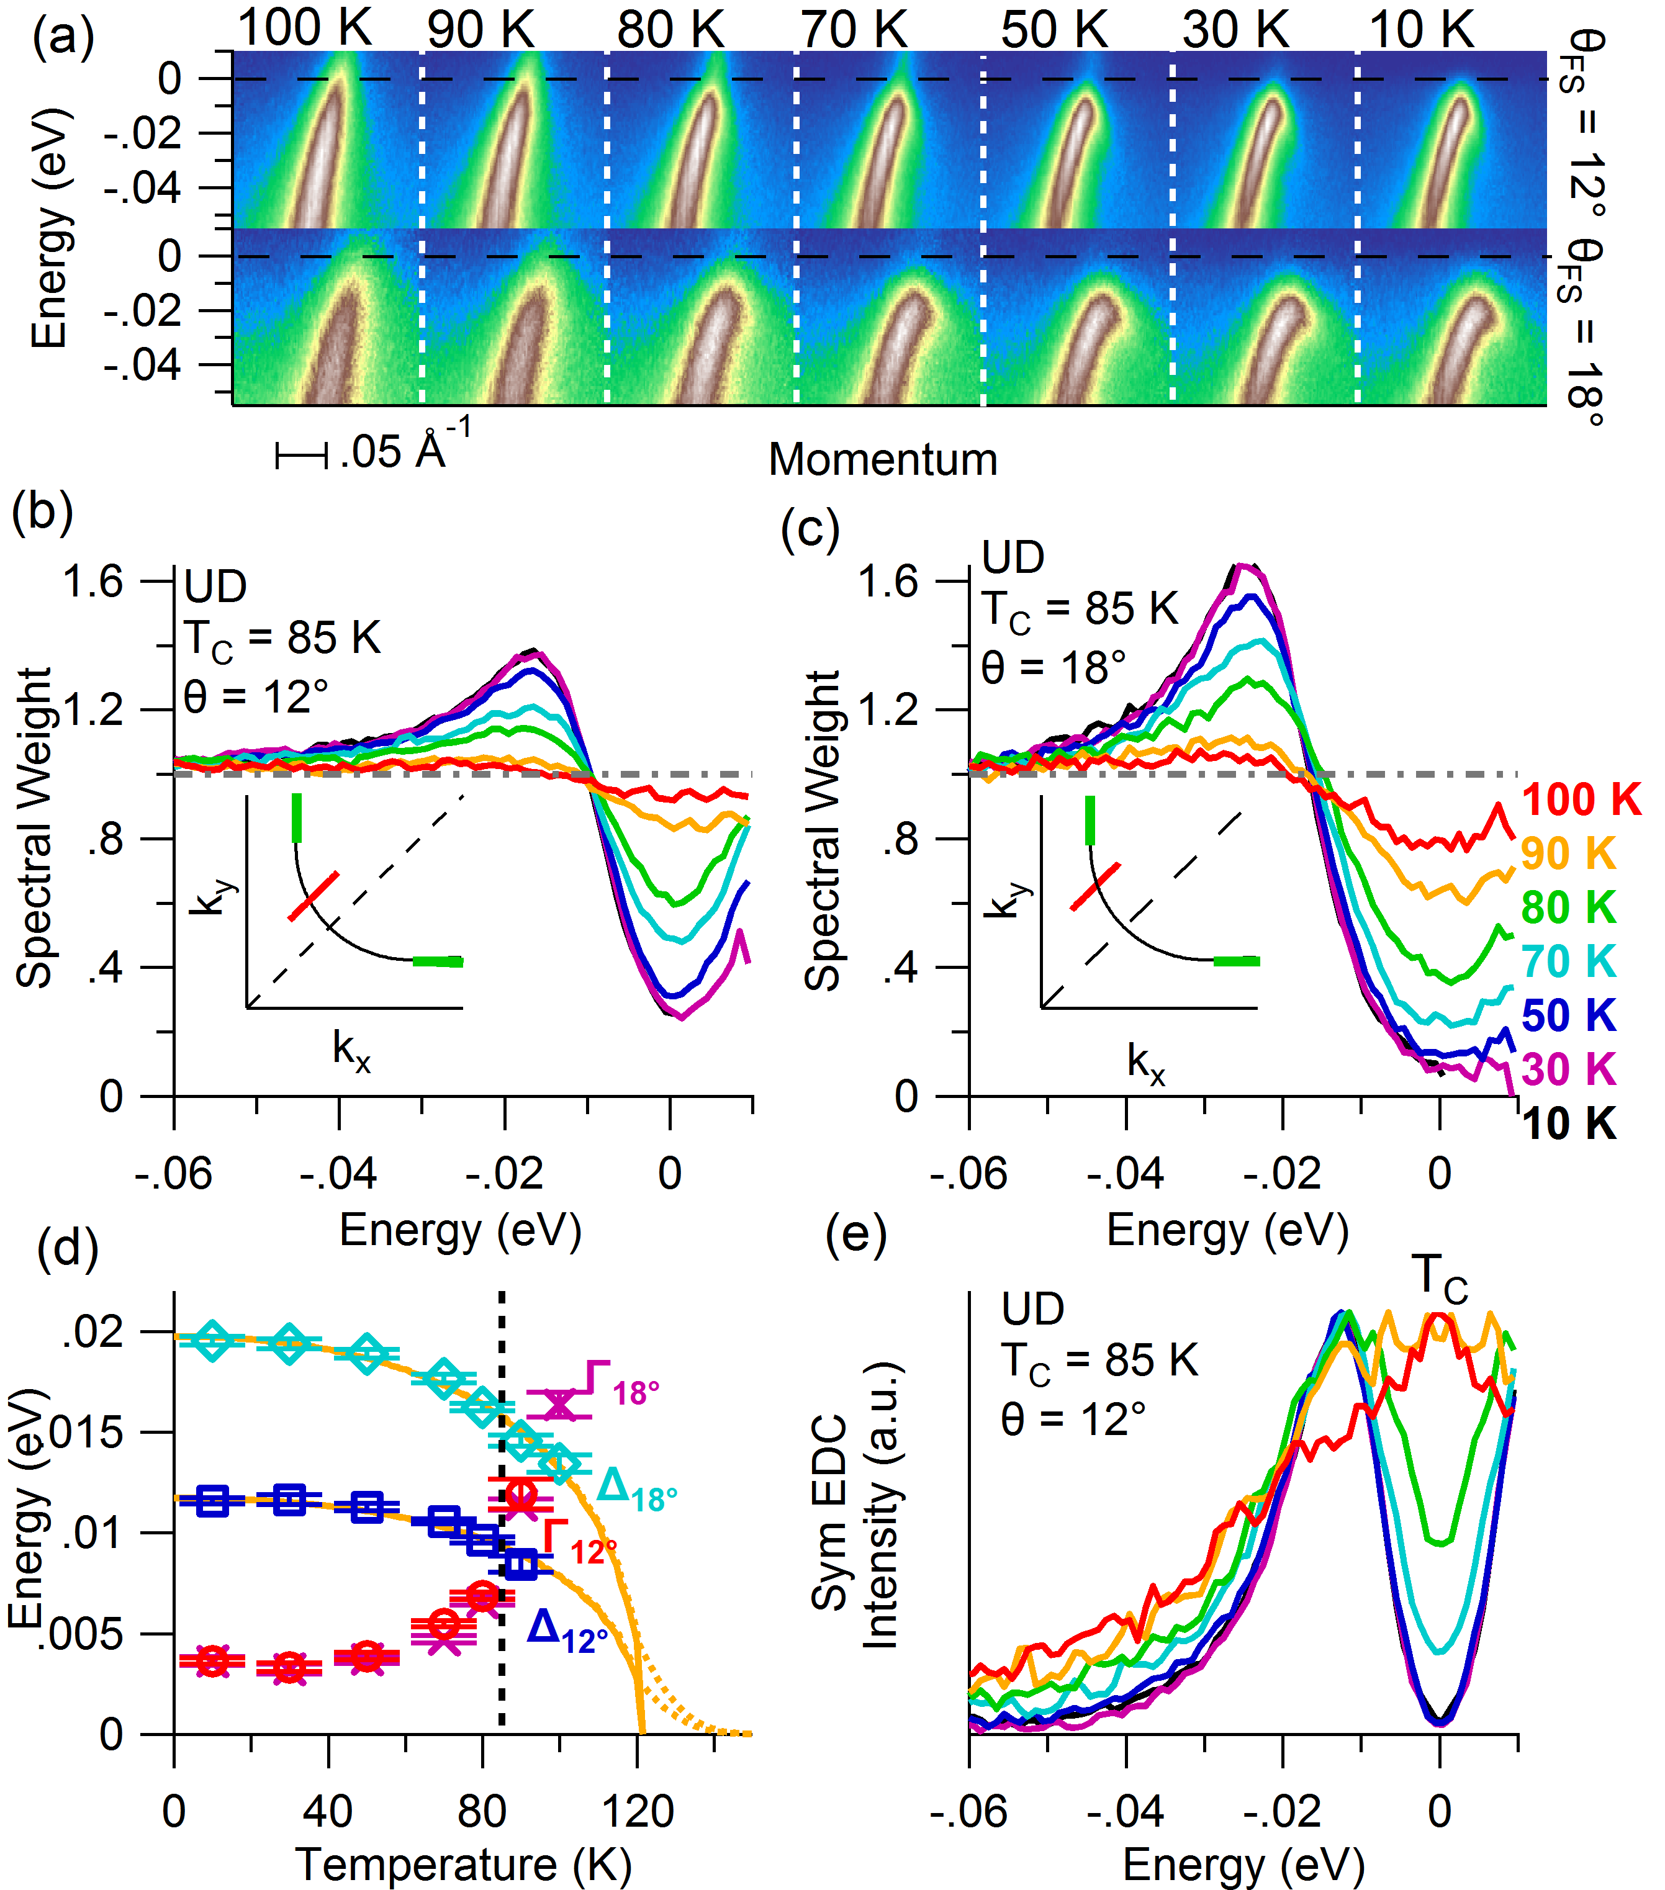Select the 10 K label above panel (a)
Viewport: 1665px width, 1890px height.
(1421, 30)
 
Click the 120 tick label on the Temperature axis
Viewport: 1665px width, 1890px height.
(638, 1811)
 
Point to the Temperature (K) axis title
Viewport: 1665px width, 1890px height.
(463, 1864)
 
